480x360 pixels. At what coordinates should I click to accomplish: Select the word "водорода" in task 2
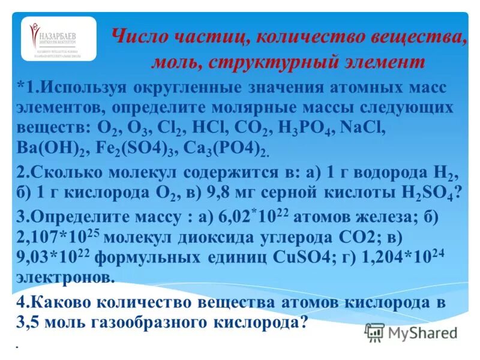tap(391, 173)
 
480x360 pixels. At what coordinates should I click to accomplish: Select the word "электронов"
tap(64, 278)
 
